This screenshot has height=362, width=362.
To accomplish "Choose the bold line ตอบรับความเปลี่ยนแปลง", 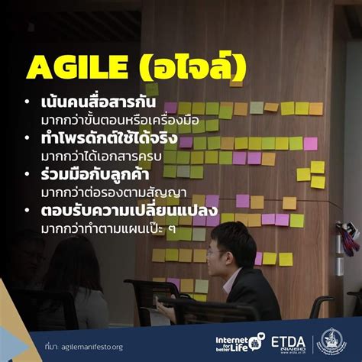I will (118, 210).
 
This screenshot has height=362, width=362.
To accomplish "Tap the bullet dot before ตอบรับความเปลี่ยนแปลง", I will (27, 211).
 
